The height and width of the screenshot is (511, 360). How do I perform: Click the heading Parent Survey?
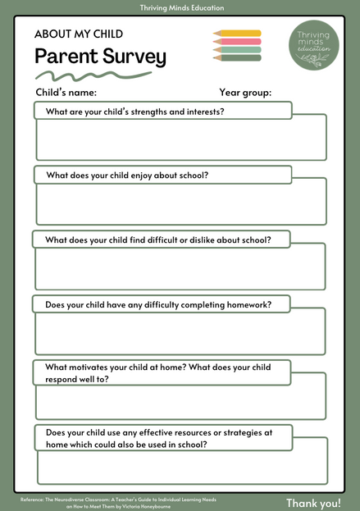(100, 57)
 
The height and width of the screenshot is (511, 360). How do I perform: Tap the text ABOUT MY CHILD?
(79, 34)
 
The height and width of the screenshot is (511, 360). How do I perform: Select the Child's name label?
(66, 93)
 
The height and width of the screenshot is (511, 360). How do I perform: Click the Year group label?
(245, 93)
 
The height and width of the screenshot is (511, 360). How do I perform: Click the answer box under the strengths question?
(180, 140)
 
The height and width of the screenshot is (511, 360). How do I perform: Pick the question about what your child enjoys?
(127, 175)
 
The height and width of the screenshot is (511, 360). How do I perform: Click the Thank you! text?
(313, 502)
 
